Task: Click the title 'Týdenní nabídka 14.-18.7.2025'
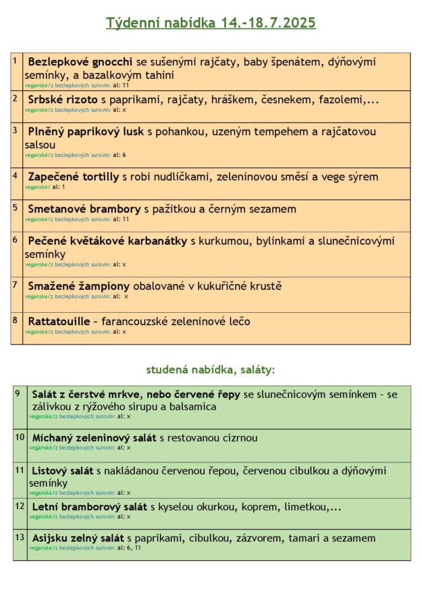[211, 24]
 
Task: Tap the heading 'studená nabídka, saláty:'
[211, 369]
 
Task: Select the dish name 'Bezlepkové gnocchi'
[81, 62]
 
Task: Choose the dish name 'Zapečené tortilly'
[74, 177]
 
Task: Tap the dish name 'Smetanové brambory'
[84, 209]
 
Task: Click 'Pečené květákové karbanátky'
[107, 241]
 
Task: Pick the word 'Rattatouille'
[59, 322]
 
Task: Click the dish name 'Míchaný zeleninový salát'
[95, 438]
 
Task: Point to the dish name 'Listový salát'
[63, 470]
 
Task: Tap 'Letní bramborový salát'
[90, 506]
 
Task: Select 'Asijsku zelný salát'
[78, 538]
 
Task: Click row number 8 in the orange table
[15, 320]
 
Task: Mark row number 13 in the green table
[19, 537]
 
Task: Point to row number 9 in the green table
[17, 392]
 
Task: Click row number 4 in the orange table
[15, 175]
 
